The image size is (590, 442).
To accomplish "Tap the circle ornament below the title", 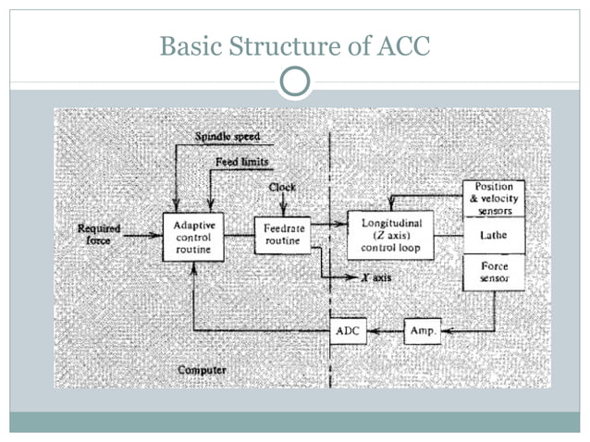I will pyautogui.click(x=295, y=83).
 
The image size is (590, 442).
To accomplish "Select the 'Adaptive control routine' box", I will pyautogui.click(x=192, y=236).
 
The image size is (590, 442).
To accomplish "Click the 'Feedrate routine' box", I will pyautogui.click(x=282, y=235).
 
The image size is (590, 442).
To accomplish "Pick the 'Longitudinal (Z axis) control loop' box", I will pyautogui.click(x=389, y=235).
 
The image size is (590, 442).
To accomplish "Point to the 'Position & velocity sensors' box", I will pyautogui.click(x=493, y=198).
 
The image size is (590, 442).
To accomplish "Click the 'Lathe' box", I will pyautogui.click(x=493, y=236).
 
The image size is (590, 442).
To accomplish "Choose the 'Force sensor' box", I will pyautogui.click(x=493, y=272).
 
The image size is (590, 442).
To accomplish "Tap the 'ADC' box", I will pyautogui.click(x=348, y=330).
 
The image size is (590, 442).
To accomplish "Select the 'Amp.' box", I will pyautogui.click(x=423, y=330).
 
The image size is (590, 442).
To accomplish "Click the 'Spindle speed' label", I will pyautogui.click(x=227, y=138).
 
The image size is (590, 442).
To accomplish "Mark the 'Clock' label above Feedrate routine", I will pyautogui.click(x=282, y=187).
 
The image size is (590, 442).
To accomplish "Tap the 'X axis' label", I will pyautogui.click(x=375, y=277).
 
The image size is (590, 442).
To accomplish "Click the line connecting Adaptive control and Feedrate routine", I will pyautogui.click(x=239, y=236).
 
